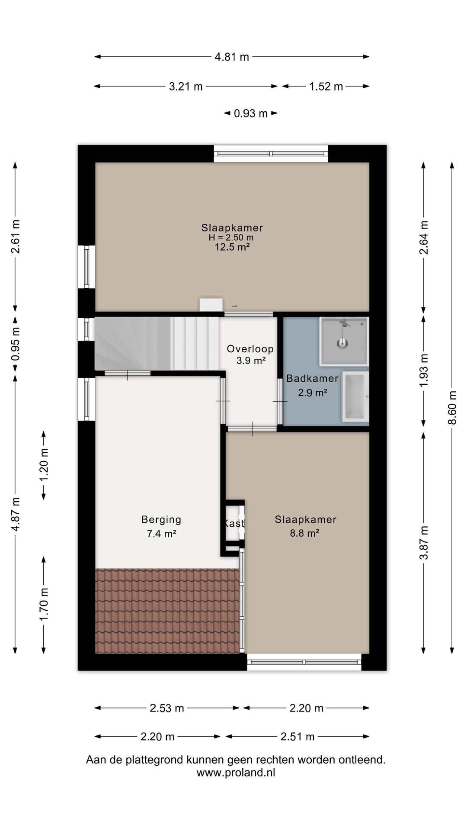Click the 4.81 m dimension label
click(x=232, y=57)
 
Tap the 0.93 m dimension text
click(x=251, y=113)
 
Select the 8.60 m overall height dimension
click(x=452, y=408)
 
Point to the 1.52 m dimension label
click(x=326, y=87)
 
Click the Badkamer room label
click(x=312, y=378)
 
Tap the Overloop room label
click(x=250, y=349)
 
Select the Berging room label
click(x=161, y=519)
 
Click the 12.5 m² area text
click(x=233, y=247)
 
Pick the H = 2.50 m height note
click(x=231, y=238)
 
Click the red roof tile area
click(x=167, y=611)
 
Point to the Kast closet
click(x=233, y=523)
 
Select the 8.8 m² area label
click(x=304, y=533)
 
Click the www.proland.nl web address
click(x=236, y=773)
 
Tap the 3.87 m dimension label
click(x=424, y=542)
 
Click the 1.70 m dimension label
click(x=44, y=605)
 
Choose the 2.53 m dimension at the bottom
click(x=167, y=708)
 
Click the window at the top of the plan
click(x=271, y=154)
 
